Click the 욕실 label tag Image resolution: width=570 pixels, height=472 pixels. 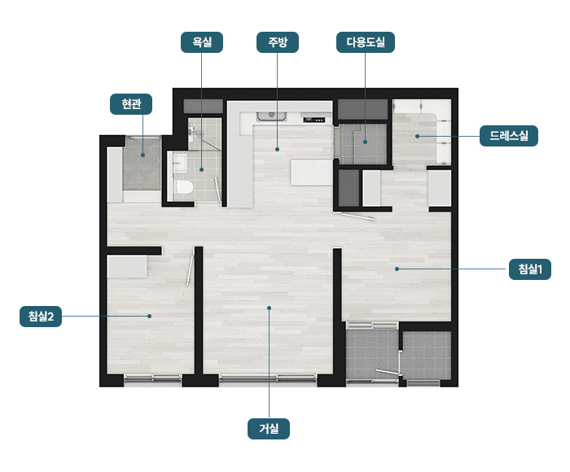pyautogui.click(x=202, y=42)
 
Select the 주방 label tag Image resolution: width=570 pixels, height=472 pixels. pyautogui.click(x=278, y=42)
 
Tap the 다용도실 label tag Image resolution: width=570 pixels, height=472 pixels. pyautogui.click(x=366, y=42)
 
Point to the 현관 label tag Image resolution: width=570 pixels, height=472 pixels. pyautogui.click(x=131, y=104)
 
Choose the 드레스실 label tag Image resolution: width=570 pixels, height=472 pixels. pyautogui.click(x=509, y=136)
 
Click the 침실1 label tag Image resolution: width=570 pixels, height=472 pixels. pyautogui.click(x=529, y=269)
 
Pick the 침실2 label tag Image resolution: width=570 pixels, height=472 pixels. pyautogui.click(x=41, y=317)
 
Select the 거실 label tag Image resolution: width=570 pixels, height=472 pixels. pyautogui.click(x=269, y=429)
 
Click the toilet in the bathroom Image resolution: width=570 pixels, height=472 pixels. pyautogui.click(x=184, y=186)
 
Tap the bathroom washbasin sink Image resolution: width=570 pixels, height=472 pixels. pyautogui.click(x=180, y=163)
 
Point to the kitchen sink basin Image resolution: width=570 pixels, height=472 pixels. pyautogui.click(x=271, y=116)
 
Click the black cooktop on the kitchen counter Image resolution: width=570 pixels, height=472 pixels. pyautogui.click(x=314, y=119)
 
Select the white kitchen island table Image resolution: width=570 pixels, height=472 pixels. pyautogui.click(x=311, y=173)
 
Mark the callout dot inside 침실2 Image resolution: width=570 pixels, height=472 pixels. pyautogui.click(x=149, y=316)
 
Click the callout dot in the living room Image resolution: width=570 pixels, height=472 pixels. pyautogui.click(x=269, y=308)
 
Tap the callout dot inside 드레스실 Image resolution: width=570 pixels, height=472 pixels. pyautogui.click(x=417, y=136)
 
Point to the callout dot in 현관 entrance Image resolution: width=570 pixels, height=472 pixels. pyautogui.click(x=142, y=155)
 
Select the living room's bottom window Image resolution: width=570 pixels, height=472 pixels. pyautogui.click(x=268, y=378)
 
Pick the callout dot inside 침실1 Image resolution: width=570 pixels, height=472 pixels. pyautogui.click(x=397, y=269)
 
